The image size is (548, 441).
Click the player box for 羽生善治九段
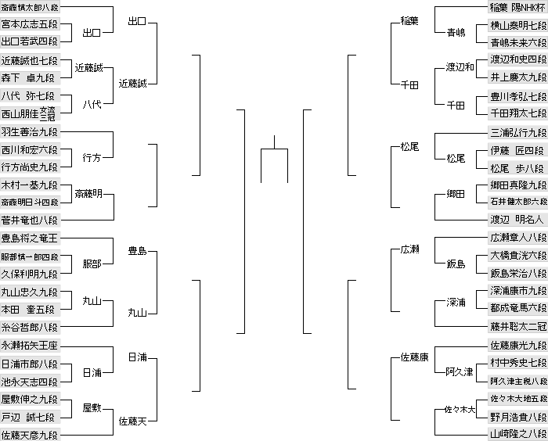click(30, 131)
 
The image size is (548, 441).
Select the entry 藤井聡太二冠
click(517, 326)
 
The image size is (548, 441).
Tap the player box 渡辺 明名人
click(517, 220)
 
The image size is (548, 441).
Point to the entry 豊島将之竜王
click(30, 238)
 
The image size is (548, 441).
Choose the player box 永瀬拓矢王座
click(30, 345)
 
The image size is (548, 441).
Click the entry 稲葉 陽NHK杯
click(517, 7)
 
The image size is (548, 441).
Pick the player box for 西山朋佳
click(30, 113)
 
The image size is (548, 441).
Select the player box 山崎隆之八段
click(517, 433)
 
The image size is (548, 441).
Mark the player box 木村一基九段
click(30, 185)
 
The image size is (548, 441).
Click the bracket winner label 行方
click(92, 158)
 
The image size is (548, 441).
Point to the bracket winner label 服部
click(92, 264)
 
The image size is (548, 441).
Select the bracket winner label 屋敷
click(92, 407)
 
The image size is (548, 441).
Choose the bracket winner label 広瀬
click(409, 249)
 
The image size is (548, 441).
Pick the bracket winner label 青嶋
click(455, 33)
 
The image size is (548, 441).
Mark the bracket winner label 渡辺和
click(460, 67)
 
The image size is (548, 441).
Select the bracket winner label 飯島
click(455, 264)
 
